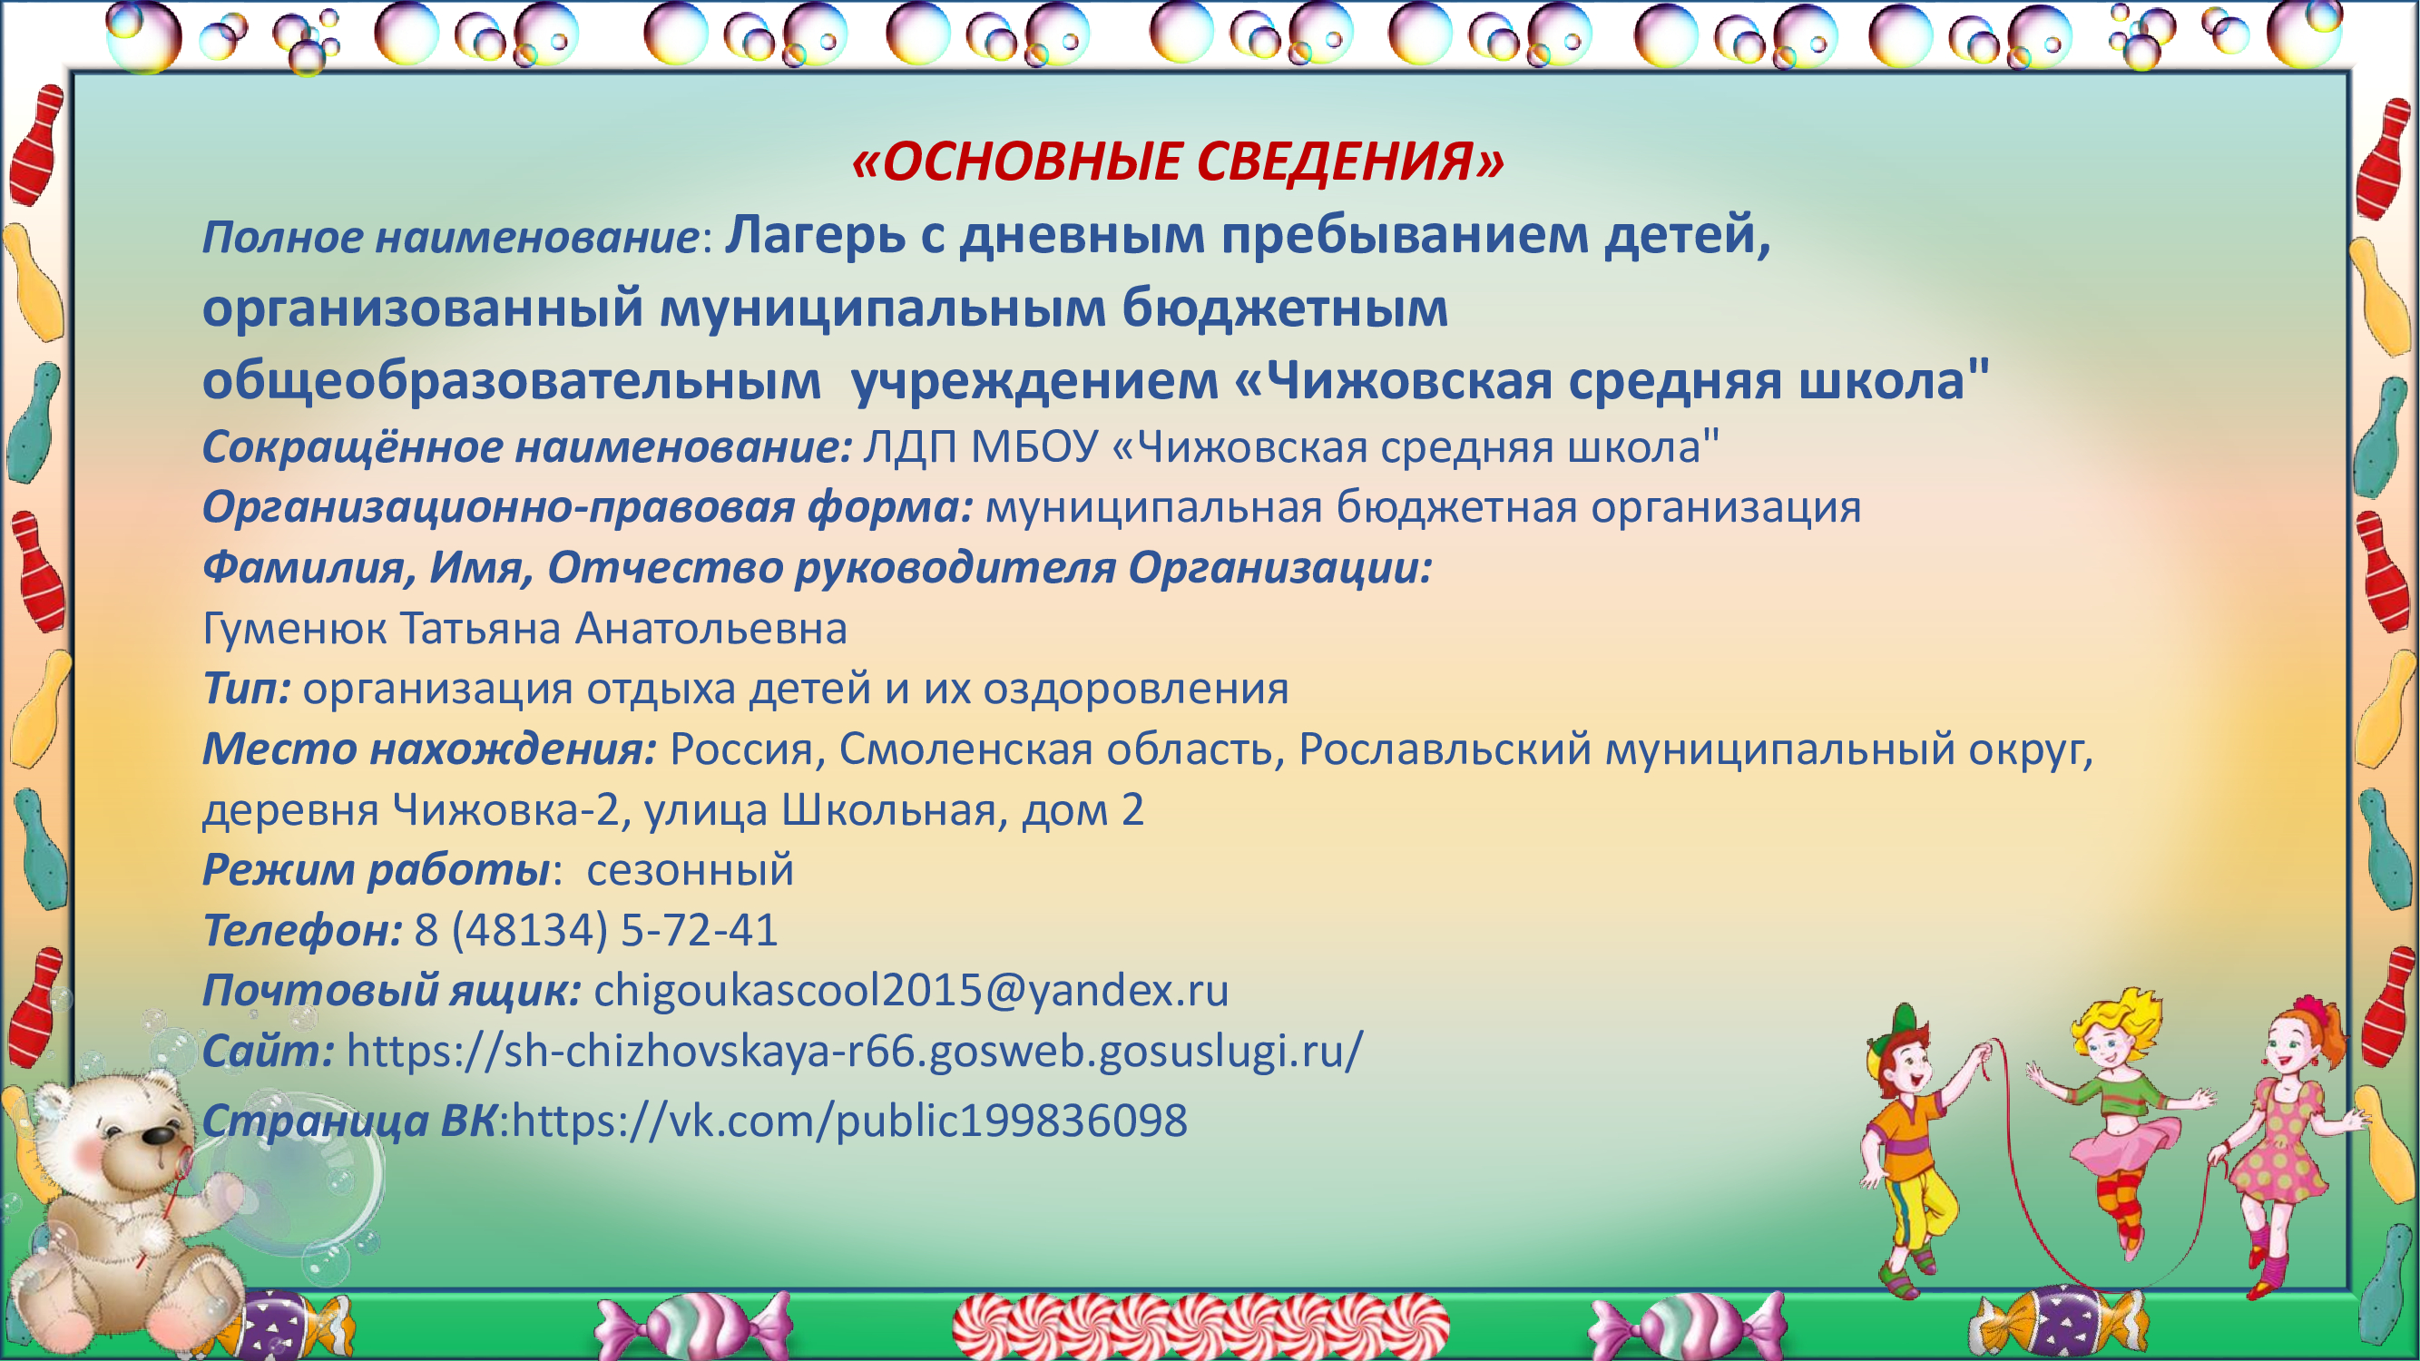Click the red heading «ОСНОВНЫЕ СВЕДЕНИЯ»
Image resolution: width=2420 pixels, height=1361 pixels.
1178,162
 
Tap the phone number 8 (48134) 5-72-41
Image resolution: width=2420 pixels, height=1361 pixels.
596,930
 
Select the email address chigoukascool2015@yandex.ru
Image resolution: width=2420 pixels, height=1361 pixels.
911,990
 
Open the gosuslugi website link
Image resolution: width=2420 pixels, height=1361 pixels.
855,1051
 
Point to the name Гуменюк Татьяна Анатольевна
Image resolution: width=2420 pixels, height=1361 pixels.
524,629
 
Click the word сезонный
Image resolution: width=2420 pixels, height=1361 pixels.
691,870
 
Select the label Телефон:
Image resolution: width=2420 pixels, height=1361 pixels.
302,930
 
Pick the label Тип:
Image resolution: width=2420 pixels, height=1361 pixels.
246,689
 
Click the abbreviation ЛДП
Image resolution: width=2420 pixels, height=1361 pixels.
910,447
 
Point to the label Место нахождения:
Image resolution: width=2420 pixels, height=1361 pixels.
429,749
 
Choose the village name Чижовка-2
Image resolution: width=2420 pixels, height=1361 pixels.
506,809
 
